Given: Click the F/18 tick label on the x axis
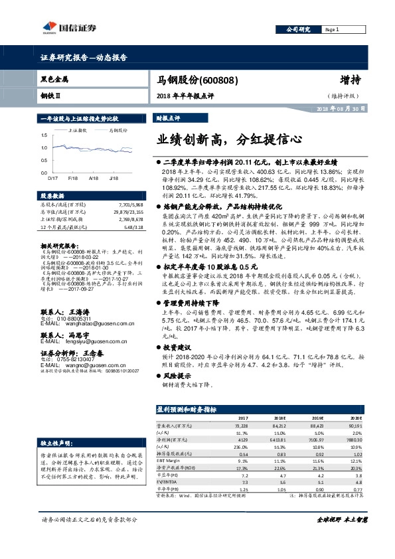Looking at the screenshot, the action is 73,179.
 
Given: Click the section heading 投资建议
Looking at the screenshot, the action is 177,347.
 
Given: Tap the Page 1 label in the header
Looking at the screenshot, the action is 331,30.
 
